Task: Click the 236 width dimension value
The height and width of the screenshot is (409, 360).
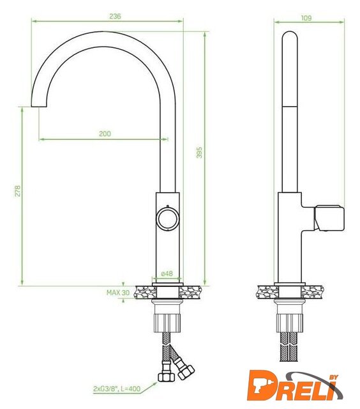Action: (115, 16)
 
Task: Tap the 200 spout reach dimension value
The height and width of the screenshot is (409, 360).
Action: (105, 134)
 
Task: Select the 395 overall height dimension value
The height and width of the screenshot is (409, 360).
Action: (199, 152)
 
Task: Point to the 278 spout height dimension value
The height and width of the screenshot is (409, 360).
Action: (17, 190)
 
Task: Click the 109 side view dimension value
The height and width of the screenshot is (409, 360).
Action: (306, 18)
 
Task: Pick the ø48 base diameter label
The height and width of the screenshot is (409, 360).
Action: (167, 274)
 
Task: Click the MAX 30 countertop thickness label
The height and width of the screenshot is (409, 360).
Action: (117, 293)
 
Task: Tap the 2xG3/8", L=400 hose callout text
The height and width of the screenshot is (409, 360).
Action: (117, 389)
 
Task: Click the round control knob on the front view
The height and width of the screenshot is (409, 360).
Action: (167, 219)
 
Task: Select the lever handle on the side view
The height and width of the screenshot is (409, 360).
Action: (329, 219)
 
